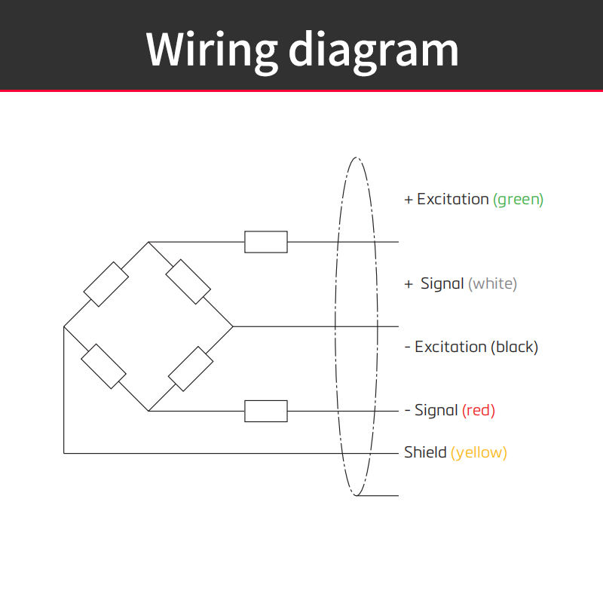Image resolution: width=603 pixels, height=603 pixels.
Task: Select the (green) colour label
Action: (x=518, y=200)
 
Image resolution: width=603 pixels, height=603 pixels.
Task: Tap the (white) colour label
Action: (x=493, y=284)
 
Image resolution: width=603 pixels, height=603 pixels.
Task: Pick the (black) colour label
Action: (x=515, y=347)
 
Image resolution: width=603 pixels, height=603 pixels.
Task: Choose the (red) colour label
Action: (x=479, y=410)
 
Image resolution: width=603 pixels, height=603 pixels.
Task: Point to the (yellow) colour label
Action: (x=479, y=453)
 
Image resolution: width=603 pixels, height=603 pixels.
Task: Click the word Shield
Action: (x=425, y=452)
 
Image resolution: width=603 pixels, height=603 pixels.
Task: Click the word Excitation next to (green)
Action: (x=453, y=199)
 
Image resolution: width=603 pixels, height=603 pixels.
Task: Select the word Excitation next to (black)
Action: (x=450, y=347)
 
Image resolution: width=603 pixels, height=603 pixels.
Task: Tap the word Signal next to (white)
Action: (x=442, y=283)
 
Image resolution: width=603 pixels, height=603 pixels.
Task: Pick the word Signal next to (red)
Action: (x=436, y=410)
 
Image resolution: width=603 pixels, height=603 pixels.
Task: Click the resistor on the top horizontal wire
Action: (x=266, y=242)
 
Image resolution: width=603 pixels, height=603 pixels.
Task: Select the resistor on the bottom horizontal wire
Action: (x=266, y=411)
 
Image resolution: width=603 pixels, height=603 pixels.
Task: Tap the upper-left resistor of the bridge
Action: (x=106, y=284)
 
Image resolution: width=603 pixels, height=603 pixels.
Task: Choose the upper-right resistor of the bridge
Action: (x=188, y=282)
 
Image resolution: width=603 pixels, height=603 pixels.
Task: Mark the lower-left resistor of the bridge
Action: (x=104, y=366)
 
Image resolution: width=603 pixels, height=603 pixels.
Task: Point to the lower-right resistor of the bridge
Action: (x=191, y=369)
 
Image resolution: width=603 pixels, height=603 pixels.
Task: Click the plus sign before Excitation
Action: (x=409, y=200)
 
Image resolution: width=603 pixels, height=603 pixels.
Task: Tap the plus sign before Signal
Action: (x=409, y=284)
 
